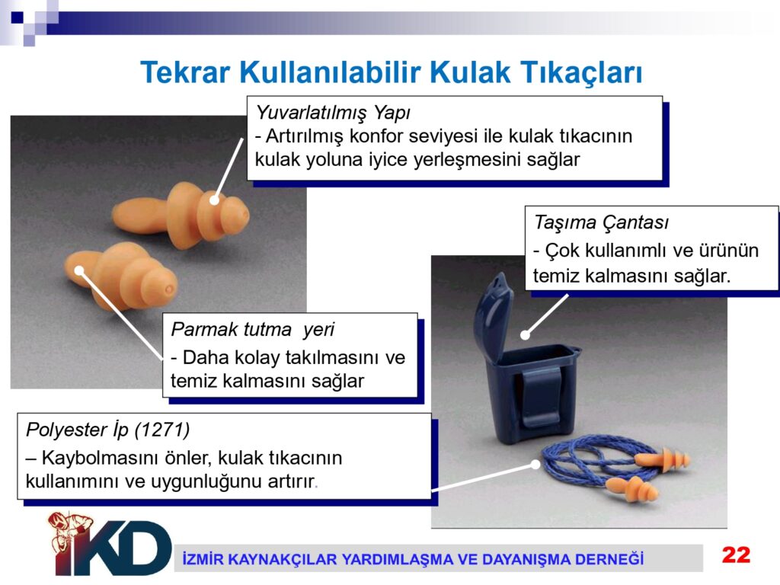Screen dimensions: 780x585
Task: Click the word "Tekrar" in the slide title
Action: pyautogui.click(x=185, y=72)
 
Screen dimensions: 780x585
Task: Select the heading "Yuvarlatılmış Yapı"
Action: pyautogui.click(x=333, y=113)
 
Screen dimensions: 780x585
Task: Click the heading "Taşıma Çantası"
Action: pyautogui.click(x=602, y=222)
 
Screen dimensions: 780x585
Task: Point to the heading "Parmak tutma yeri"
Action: pyautogui.click(x=253, y=329)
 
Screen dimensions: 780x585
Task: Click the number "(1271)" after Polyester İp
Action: pyautogui.click(x=162, y=430)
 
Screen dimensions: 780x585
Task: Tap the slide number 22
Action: pyautogui.click(x=737, y=555)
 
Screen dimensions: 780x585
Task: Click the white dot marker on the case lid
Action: pyautogui.click(x=525, y=335)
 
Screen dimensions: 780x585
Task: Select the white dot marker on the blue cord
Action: pyautogui.click(x=535, y=464)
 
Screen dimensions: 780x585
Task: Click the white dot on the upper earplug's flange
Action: pyautogui.click(x=214, y=200)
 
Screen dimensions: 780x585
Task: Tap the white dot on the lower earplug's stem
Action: pyautogui.click(x=79, y=270)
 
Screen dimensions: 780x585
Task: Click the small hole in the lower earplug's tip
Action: pyautogui.click(x=168, y=289)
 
